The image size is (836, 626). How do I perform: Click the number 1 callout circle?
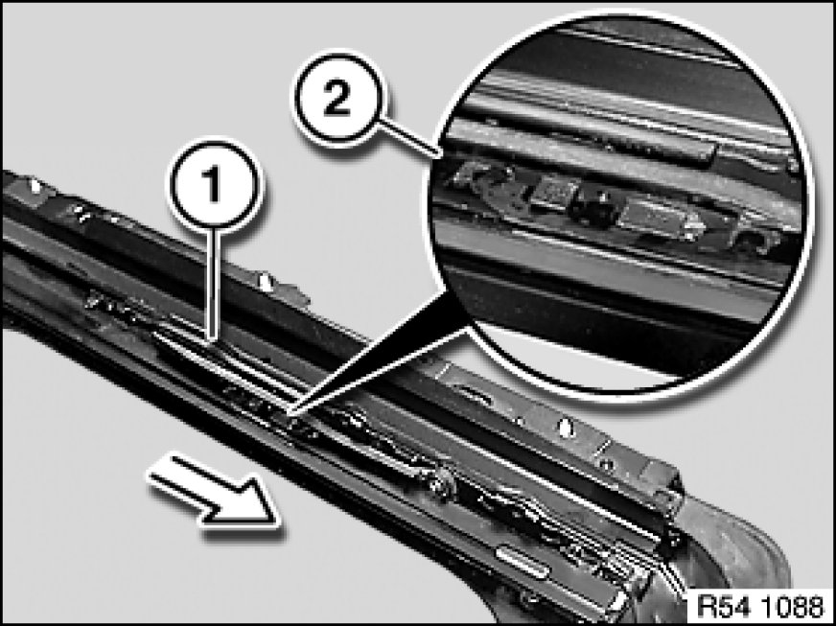[214, 185]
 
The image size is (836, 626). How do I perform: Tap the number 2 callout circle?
[337, 98]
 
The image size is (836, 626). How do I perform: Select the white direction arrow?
[215, 491]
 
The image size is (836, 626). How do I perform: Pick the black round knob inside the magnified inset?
[594, 207]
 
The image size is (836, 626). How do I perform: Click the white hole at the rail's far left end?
[35, 186]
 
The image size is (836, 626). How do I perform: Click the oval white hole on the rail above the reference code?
[567, 428]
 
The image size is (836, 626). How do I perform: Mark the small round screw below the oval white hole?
[607, 464]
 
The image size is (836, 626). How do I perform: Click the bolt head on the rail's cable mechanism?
[444, 482]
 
